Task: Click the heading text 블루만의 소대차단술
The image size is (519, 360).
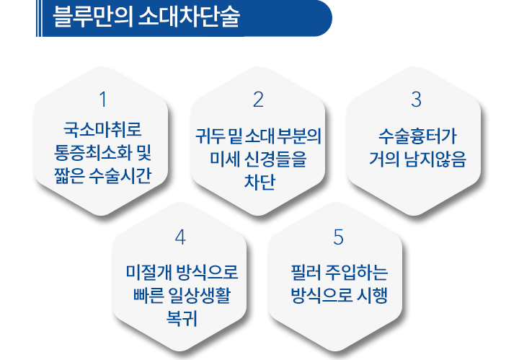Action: click(x=146, y=17)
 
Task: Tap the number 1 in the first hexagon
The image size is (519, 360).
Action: click(x=103, y=100)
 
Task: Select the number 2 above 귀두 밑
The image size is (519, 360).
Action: click(x=258, y=100)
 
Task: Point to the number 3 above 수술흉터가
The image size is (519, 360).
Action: click(x=416, y=100)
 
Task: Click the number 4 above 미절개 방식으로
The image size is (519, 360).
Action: click(x=180, y=237)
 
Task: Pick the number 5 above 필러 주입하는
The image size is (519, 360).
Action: click(x=338, y=237)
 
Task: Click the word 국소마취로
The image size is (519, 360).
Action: click(x=102, y=129)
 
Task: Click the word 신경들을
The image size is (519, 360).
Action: click(x=275, y=159)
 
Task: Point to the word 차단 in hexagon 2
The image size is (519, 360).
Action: click(x=259, y=182)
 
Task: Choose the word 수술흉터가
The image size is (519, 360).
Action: click(x=417, y=136)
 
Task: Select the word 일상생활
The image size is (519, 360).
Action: click(x=199, y=295)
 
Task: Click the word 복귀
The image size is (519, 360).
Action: click(x=182, y=318)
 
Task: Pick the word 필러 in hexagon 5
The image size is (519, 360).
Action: click(x=306, y=272)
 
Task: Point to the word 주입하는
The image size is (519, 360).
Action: click(x=357, y=272)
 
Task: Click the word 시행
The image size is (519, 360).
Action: click(x=372, y=295)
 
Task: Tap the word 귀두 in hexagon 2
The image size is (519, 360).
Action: click(x=210, y=136)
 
